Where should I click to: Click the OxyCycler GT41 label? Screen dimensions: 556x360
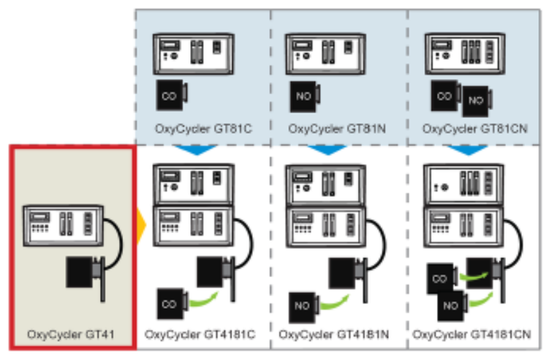point(70,334)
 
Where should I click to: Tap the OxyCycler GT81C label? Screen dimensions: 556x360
point(203,129)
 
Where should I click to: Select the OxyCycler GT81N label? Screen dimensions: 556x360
point(337,129)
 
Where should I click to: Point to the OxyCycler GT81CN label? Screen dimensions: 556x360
point(475,129)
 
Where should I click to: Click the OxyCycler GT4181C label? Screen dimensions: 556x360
point(200,334)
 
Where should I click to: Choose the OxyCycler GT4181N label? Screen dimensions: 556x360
point(334,334)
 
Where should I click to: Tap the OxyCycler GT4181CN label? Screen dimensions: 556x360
point(472,334)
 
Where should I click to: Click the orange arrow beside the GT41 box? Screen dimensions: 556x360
point(141,225)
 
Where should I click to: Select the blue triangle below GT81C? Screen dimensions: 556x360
point(196,149)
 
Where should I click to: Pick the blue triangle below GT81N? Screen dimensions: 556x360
point(328,149)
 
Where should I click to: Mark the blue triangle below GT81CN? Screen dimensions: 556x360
point(468,149)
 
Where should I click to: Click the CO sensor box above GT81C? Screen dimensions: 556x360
point(172,95)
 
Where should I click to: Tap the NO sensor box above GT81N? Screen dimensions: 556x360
point(305,97)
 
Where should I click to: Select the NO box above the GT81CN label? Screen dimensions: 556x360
point(477,101)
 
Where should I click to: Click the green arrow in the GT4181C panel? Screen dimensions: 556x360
point(204,300)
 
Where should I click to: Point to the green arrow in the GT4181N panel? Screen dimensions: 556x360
point(334,303)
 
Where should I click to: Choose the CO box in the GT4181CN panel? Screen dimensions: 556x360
point(441,278)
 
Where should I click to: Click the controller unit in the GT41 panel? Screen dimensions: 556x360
point(63,226)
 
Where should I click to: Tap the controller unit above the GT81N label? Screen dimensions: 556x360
point(326,54)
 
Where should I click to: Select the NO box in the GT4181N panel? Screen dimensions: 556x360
point(303,307)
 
